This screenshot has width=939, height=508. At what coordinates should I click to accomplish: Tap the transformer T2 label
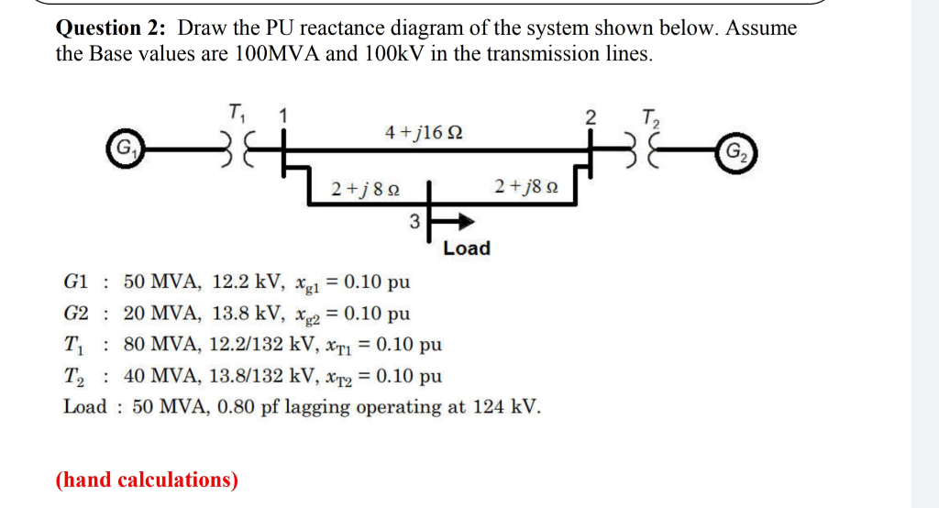click(x=651, y=117)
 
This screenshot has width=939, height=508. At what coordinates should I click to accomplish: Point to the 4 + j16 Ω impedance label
click(x=424, y=134)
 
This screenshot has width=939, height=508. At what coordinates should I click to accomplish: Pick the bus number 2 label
click(x=591, y=117)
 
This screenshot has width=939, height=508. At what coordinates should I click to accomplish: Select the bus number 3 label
click(x=414, y=221)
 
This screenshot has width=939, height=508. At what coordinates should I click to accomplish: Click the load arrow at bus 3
click(x=458, y=221)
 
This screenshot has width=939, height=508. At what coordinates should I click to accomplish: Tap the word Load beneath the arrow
click(x=467, y=248)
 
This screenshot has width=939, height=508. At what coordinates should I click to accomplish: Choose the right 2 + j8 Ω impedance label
click(x=520, y=188)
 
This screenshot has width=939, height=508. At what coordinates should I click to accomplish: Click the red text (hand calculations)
click(x=147, y=480)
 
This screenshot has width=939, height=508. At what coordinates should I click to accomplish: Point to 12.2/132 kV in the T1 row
click(x=253, y=345)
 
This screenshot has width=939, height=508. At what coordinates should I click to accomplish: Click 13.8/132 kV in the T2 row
click(x=253, y=376)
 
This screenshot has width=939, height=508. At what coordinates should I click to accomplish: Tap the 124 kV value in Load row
click(x=506, y=406)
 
